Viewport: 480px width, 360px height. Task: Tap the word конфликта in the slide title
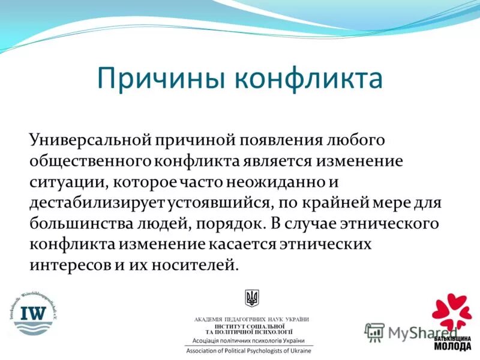pyautogui.click(x=308, y=79)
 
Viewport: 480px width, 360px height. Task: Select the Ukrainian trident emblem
pyautogui.click(x=251, y=298)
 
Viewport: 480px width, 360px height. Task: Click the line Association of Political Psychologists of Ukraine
pyautogui.click(x=248, y=350)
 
